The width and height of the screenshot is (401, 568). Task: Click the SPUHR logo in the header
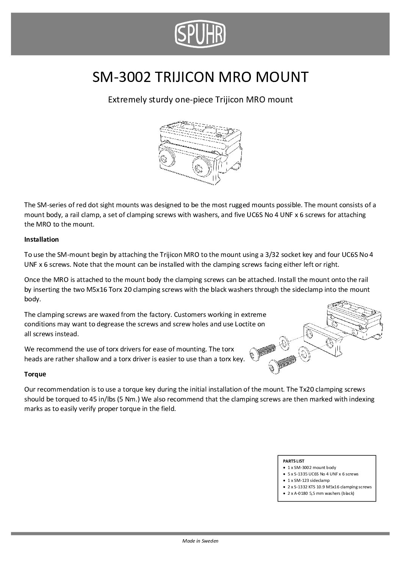pos(200,33)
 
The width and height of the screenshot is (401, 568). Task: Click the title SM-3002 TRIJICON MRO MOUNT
pos(200,77)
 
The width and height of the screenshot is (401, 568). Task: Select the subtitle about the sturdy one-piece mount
pos(200,100)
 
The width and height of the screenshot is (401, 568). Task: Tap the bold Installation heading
pos(41,239)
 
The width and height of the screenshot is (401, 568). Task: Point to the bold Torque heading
pos(35,374)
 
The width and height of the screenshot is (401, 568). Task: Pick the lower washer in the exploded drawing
pos(304,352)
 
